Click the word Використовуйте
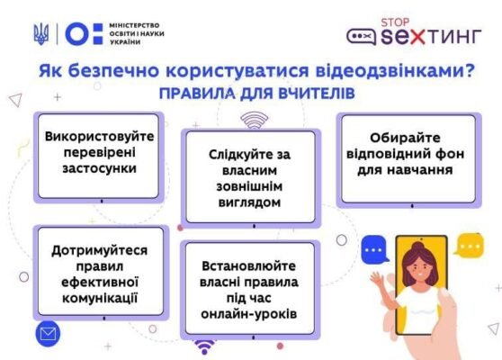100,136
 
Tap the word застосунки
100,168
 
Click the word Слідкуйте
249,154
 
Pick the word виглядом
249,202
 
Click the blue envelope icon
47,336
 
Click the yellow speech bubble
469,244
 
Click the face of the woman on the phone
420,265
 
